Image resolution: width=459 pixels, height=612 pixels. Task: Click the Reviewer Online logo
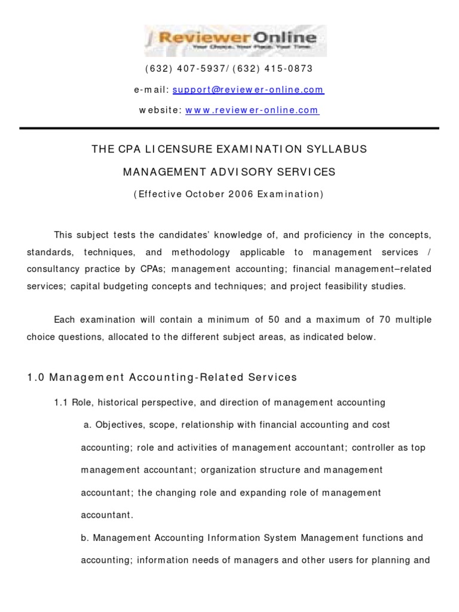[235, 41]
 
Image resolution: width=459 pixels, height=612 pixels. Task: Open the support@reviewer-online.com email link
[248, 90]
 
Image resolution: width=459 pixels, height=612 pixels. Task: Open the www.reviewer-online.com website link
[252, 111]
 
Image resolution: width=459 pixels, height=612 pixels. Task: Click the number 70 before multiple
[385, 320]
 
